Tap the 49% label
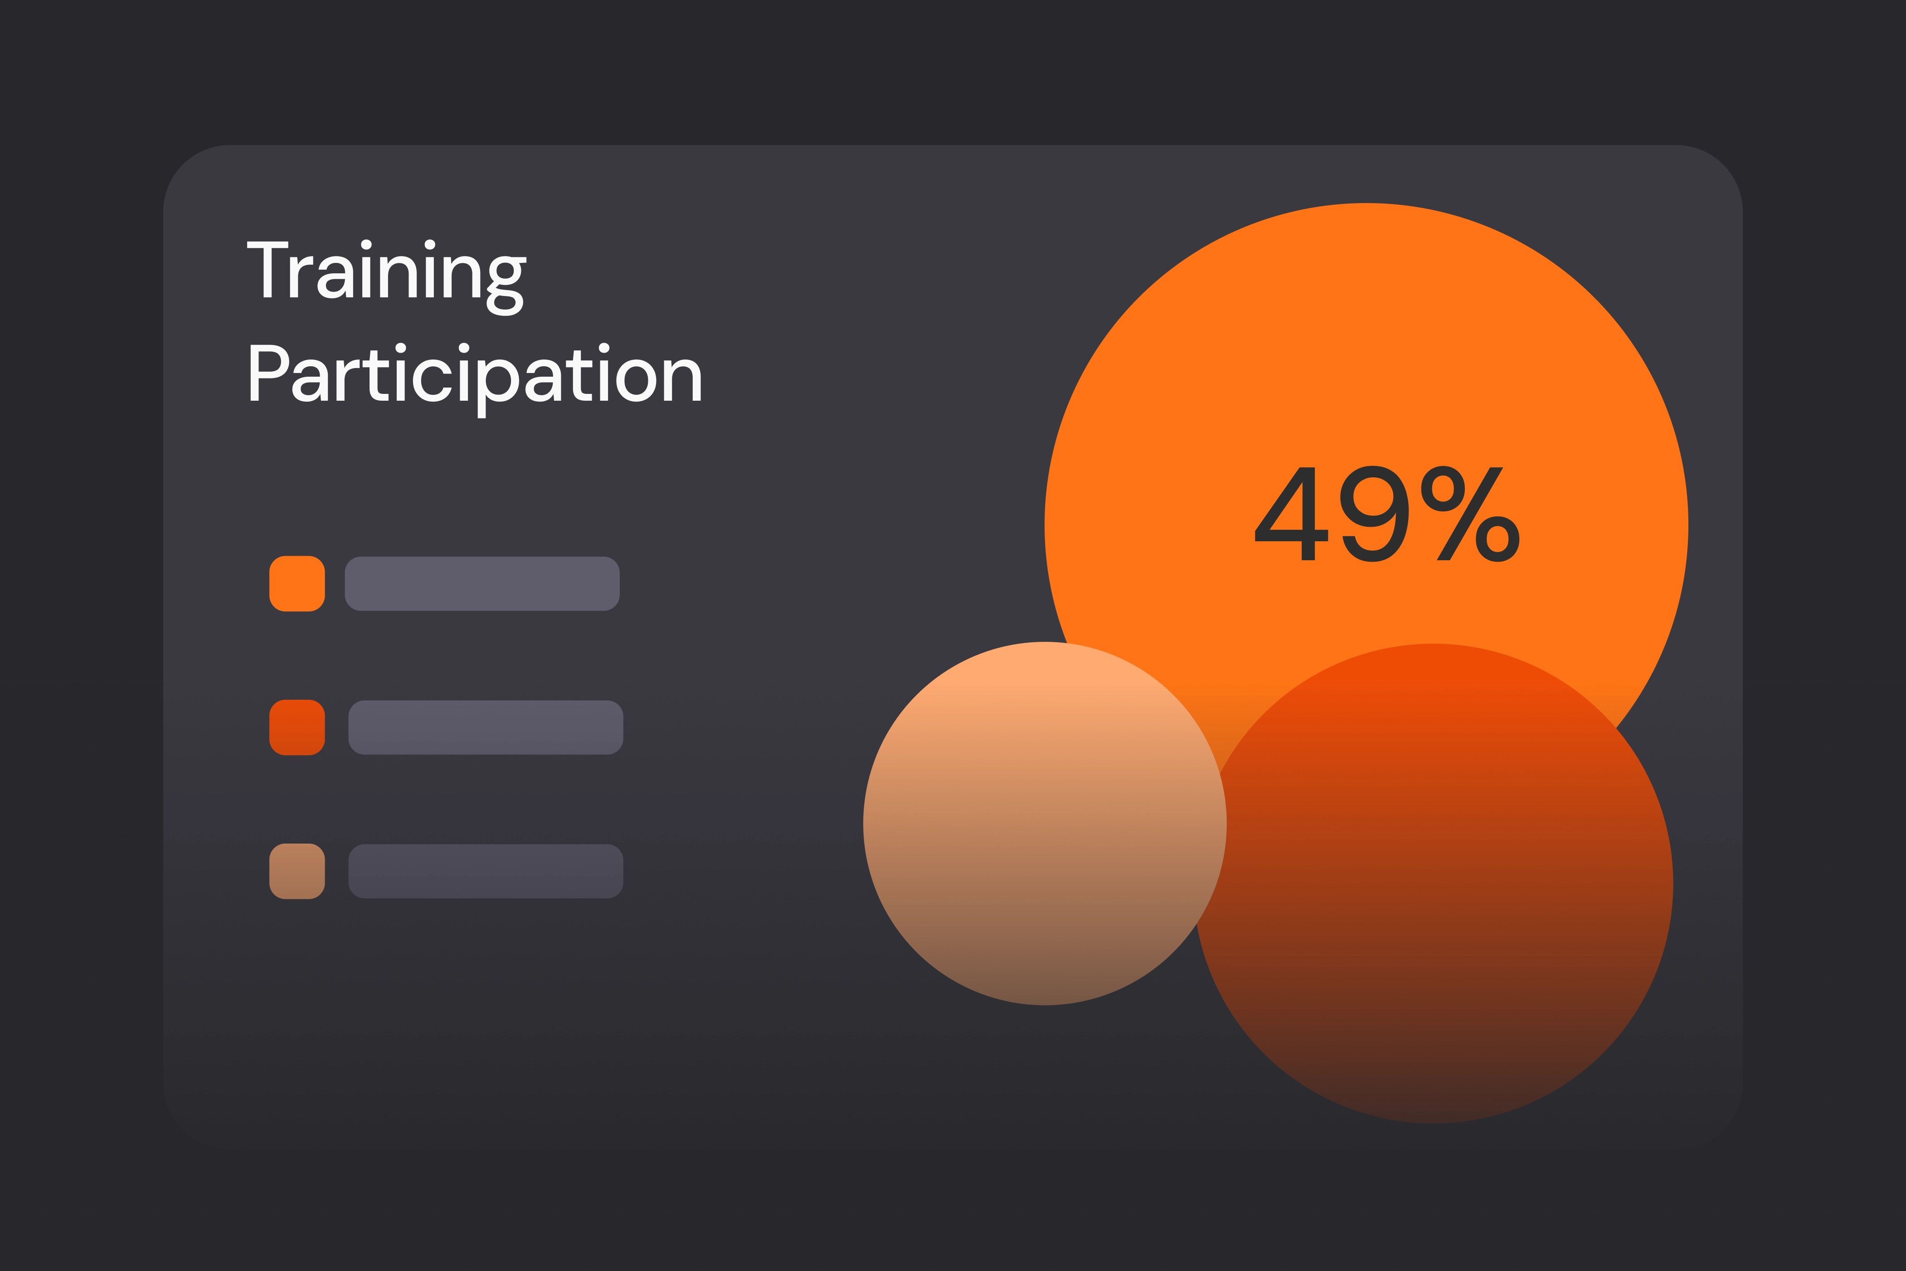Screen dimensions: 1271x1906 (x=1386, y=514)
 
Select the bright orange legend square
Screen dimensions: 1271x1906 (x=297, y=584)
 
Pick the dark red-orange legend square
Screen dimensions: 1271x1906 (x=297, y=727)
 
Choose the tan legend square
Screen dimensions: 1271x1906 (x=297, y=871)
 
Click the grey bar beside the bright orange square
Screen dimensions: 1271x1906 (x=482, y=584)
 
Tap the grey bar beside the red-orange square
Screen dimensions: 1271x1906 (x=486, y=727)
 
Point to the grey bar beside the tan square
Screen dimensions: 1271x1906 (x=486, y=871)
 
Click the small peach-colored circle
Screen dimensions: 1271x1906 (x=1044, y=824)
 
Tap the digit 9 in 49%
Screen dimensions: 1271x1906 (x=1374, y=514)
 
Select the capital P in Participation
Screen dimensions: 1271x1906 (x=267, y=373)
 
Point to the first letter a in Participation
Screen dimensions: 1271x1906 (x=309, y=380)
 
